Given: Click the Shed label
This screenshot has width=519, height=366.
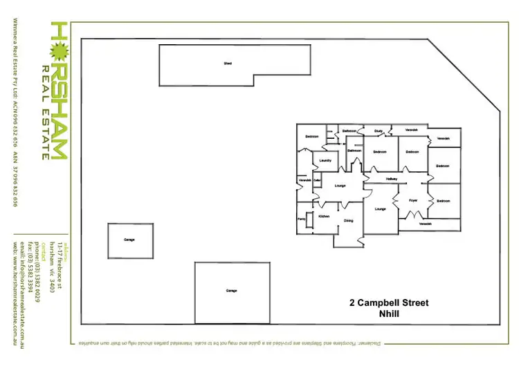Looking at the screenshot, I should (227, 64).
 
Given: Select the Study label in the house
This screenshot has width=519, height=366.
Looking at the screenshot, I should (379, 131).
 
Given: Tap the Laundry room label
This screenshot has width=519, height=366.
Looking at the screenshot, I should (325, 161).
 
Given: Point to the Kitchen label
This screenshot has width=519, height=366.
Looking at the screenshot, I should (324, 216).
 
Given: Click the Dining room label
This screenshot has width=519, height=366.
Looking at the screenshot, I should (348, 221).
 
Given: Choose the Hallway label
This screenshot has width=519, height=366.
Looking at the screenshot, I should (392, 179).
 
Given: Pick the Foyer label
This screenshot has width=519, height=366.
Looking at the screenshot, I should (413, 200).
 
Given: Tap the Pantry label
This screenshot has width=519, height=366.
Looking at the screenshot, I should (302, 219).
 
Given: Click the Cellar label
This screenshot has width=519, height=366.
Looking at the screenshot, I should (317, 181).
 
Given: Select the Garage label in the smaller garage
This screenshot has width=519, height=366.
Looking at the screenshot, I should (129, 240).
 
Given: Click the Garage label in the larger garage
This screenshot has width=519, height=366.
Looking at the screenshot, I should (231, 291).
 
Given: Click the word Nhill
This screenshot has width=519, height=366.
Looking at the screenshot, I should (391, 314).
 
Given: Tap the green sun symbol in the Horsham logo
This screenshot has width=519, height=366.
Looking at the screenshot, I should (59, 50).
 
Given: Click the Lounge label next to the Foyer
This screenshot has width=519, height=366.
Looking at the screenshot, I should (380, 209).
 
